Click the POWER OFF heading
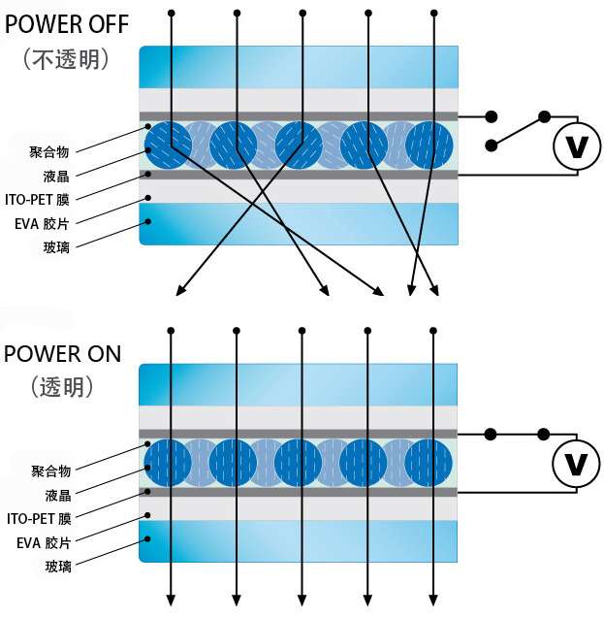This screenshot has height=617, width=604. pos(65,24)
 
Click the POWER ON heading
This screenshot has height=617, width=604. pos(63,352)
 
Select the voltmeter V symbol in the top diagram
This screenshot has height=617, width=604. pos(576,146)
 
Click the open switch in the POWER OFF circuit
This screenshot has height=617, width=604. pos(518,130)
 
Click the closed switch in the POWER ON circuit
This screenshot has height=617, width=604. pos(518,434)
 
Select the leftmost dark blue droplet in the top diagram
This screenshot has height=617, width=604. pos(168,144)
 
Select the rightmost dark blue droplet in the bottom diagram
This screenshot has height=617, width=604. pos(429,463)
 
